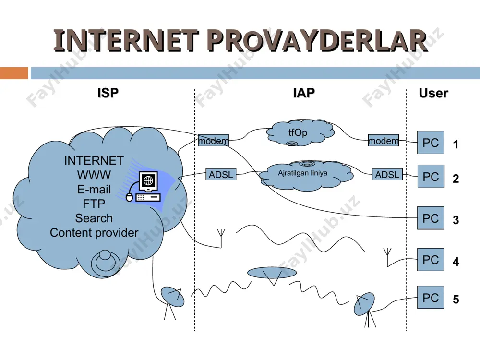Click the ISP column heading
(x=108, y=93)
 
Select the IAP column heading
(x=304, y=93)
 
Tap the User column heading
(x=433, y=93)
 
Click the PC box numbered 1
(x=431, y=143)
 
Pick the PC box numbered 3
(x=431, y=218)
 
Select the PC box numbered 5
(x=431, y=297)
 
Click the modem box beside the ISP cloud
(x=214, y=140)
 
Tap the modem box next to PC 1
(x=384, y=140)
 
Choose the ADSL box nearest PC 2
(x=387, y=174)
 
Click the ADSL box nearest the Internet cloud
(x=221, y=174)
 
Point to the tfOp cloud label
(x=298, y=132)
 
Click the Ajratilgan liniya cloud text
(x=302, y=173)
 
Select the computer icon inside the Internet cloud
(x=144, y=187)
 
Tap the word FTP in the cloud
(x=94, y=204)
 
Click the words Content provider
(x=94, y=233)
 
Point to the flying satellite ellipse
(x=272, y=273)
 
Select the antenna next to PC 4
(x=387, y=257)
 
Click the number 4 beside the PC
(x=456, y=262)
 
